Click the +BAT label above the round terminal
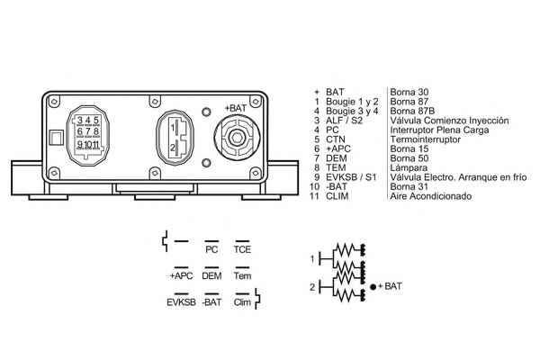236,108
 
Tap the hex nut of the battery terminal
237,138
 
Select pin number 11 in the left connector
95,144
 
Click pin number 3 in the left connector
80,121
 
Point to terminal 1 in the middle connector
173,128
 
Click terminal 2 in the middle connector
173,148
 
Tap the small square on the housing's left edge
56,138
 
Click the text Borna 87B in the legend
412,111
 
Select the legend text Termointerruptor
426,139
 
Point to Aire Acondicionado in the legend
431,196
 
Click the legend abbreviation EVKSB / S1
351,177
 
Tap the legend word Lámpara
409,168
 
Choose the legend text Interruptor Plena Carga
439,130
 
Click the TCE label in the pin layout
242,249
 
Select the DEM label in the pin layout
211,276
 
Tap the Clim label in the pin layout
242,302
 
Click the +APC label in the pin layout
181,276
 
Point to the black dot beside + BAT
373,286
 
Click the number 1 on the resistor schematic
312,258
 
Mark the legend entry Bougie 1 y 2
352,102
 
